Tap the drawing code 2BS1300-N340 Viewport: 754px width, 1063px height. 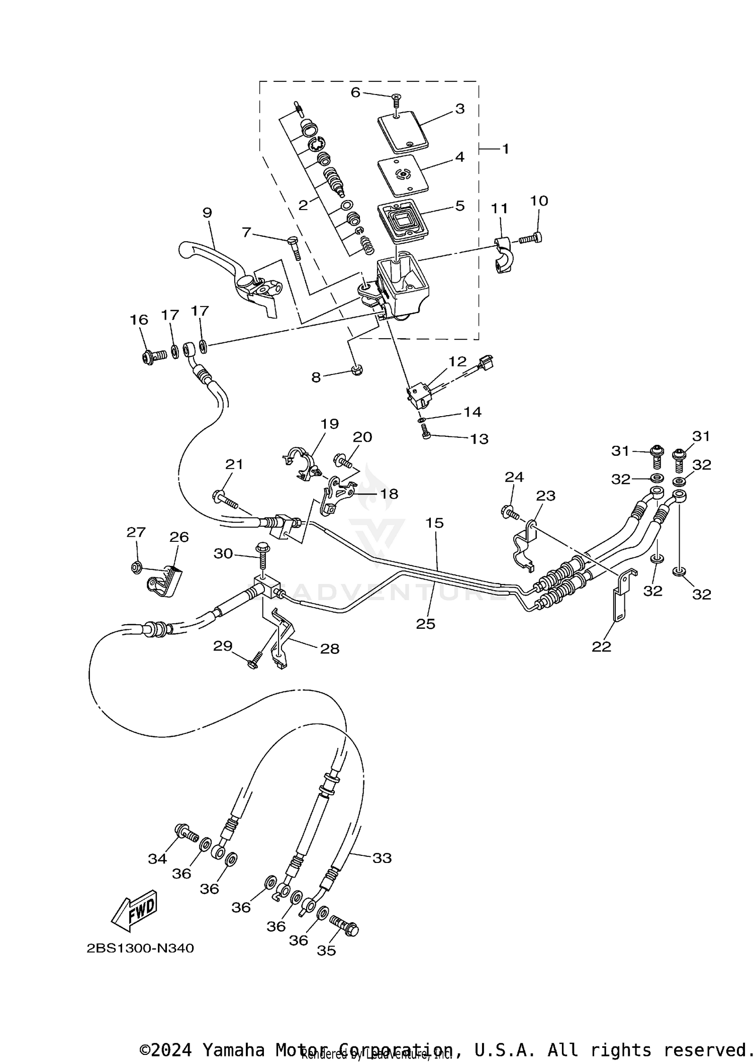pyautogui.click(x=140, y=948)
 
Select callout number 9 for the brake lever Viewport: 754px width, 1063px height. pyautogui.click(x=207, y=213)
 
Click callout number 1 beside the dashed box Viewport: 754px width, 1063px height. pyautogui.click(x=505, y=149)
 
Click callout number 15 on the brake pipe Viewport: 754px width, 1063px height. pyautogui.click(x=435, y=523)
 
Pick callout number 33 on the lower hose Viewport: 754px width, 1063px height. pyautogui.click(x=382, y=857)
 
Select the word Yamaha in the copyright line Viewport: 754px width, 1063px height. pyautogui.click(x=233, y=1050)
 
